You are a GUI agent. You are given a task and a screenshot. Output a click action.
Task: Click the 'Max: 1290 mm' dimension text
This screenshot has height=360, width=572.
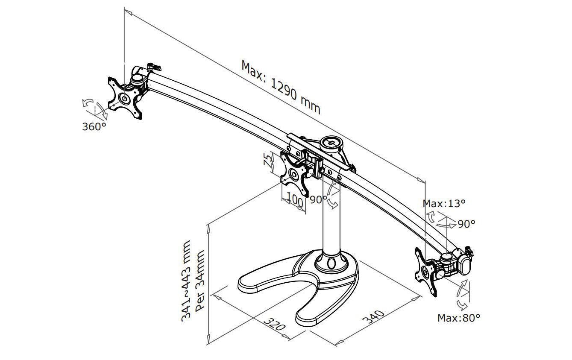281,87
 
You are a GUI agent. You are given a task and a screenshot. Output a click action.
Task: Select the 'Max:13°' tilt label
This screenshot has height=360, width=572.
444,204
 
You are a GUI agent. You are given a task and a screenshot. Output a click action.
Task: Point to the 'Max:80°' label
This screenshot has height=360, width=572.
459,318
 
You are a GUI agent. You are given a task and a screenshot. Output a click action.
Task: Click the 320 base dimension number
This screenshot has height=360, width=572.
274,324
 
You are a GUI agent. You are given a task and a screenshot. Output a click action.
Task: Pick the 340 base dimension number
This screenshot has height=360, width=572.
373,317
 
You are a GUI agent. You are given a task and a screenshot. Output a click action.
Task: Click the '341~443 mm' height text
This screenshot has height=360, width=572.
186,281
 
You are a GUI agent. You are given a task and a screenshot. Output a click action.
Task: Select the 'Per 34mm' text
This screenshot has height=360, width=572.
199,281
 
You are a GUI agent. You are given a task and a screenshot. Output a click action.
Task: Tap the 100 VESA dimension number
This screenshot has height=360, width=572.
295,200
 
